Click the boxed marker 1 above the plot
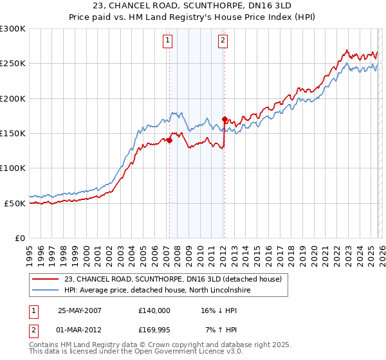tap(167, 41)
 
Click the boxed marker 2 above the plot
tap(223, 41)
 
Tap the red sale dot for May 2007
tap(169, 141)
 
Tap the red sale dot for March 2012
tap(224, 119)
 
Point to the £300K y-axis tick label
tap(13, 29)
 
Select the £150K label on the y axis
tap(13, 133)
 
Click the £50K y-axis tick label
tap(15, 203)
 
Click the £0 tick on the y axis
tap(20, 238)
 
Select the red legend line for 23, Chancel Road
tap(46, 279)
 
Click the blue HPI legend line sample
tap(46, 291)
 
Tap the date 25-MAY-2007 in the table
tap(80, 310)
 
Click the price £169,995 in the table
tap(154, 331)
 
